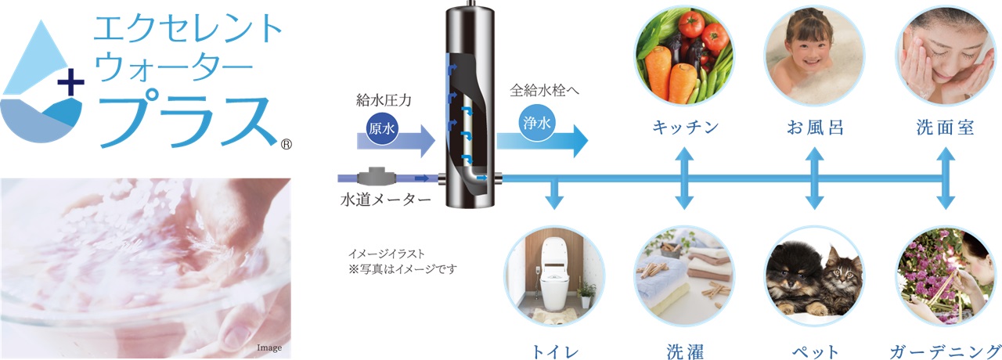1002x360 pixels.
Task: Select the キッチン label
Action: (685, 128)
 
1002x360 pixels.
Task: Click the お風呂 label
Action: (814, 128)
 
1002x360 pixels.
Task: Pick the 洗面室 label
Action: (945, 128)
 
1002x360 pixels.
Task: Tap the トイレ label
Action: (555, 351)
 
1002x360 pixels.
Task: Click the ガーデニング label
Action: (945, 351)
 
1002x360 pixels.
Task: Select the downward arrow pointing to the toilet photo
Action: (555, 196)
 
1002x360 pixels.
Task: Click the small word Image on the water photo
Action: (269, 347)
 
